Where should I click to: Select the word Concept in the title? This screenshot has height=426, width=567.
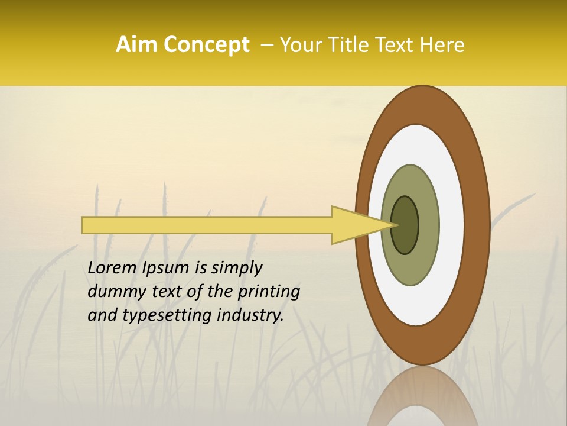pyautogui.click(x=207, y=45)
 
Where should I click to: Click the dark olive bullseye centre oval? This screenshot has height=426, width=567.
pyautogui.click(x=405, y=225)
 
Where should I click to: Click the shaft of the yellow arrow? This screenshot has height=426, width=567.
pyautogui.click(x=207, y=225)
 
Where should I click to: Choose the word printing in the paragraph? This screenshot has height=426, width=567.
pyautogui.click(x=269, y=292)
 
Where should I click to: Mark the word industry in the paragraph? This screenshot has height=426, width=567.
pyautogui.click(x=250, y=315)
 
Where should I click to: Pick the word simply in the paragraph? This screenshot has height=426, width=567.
pyautogui.click(x=236, y=268)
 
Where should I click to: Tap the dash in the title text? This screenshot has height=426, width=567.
pyautogui.click(x=266, y=46)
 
